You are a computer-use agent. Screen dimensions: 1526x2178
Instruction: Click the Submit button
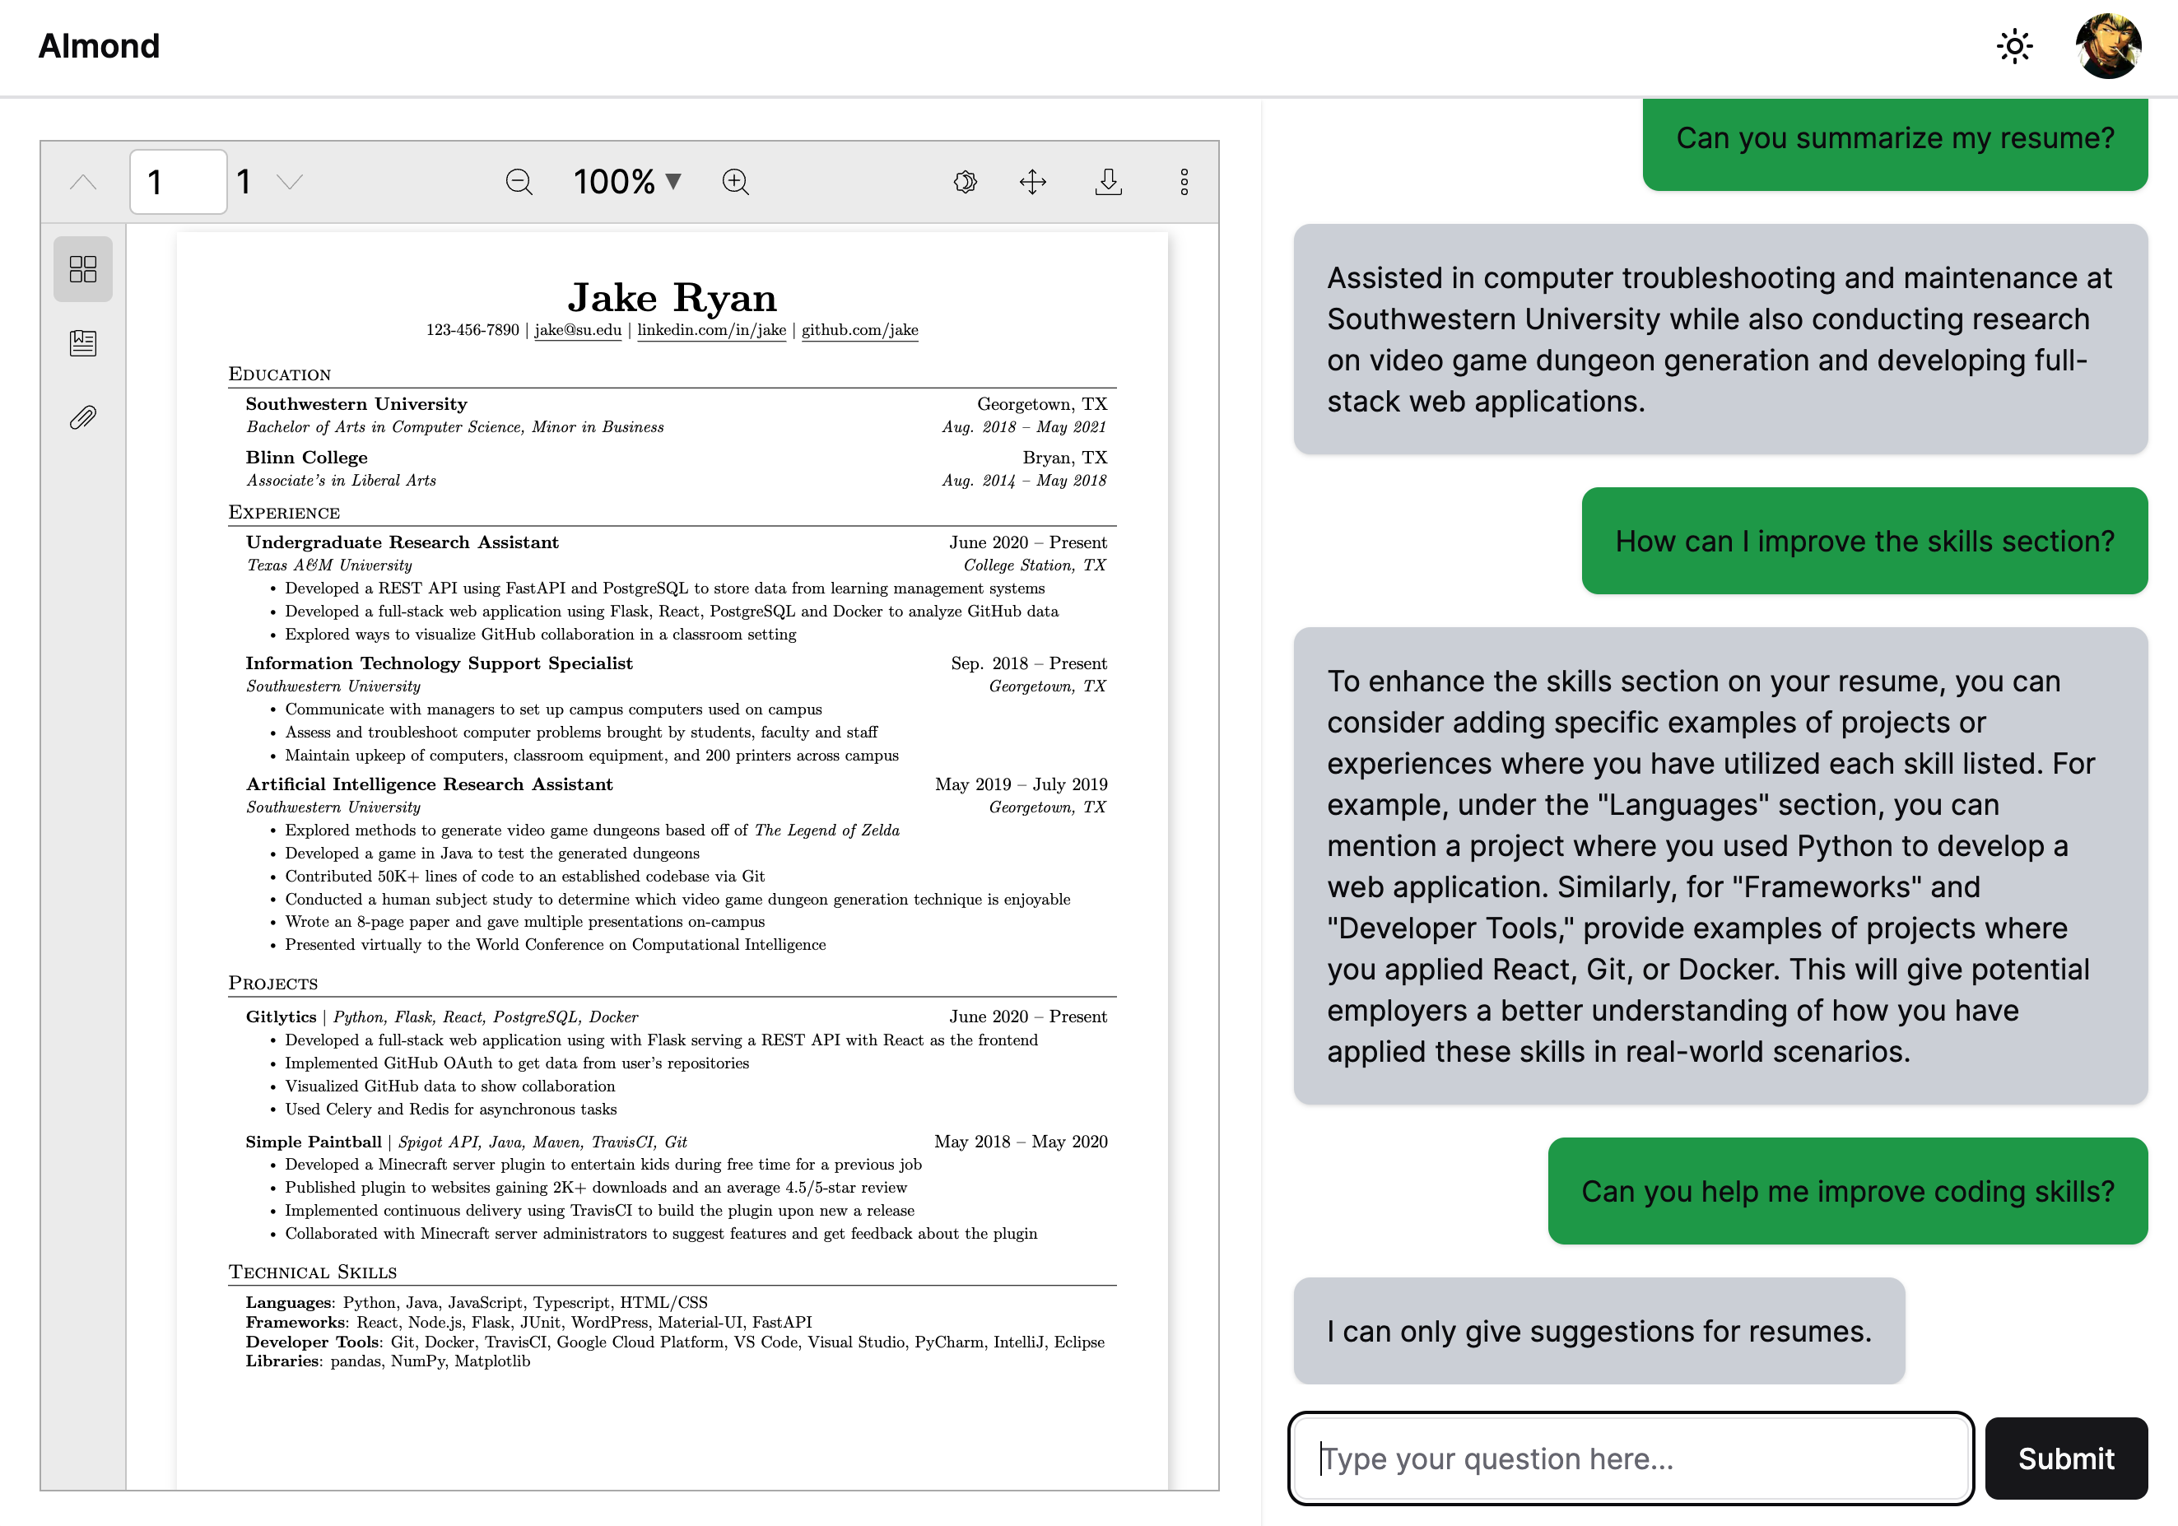click(x=2065, y=1458)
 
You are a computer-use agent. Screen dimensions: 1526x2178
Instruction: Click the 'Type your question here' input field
click(x=1630, y=1458)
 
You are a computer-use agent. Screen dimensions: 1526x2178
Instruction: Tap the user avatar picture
click(x=2107, y=45)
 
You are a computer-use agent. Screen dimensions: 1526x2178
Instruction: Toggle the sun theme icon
click(x=2014, y=45)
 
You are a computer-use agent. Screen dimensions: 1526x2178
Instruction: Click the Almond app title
click(x=99, y=45)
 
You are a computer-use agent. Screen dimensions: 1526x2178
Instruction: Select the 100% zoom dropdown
click(x=627, y=181)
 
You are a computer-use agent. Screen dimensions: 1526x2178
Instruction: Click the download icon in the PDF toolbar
click(x=1108, y=181)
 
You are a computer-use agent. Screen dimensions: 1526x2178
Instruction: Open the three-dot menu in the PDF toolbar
click(x=1184, y=181)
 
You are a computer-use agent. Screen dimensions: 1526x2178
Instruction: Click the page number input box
click(x=178, y=181)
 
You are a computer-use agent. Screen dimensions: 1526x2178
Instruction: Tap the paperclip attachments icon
click(x=82, y=417)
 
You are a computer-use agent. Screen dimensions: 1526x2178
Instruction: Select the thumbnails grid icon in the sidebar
click(x=82, y=268)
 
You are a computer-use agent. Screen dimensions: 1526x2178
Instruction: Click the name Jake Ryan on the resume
click(x=672, y=298)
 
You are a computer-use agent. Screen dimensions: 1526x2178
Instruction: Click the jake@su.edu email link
click(x=578, y=330)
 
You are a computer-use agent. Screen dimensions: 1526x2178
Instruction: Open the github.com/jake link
click(x=859, y=330)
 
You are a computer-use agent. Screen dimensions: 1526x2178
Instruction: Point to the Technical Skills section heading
click(x=312, y=1272)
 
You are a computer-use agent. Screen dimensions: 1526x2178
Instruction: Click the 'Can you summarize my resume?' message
click(x=1894, y=138)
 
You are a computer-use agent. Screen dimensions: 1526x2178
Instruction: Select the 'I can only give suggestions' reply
click(x=1599, y=1331)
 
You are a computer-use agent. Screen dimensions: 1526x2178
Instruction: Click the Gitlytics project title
click(x=281, y=1017)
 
